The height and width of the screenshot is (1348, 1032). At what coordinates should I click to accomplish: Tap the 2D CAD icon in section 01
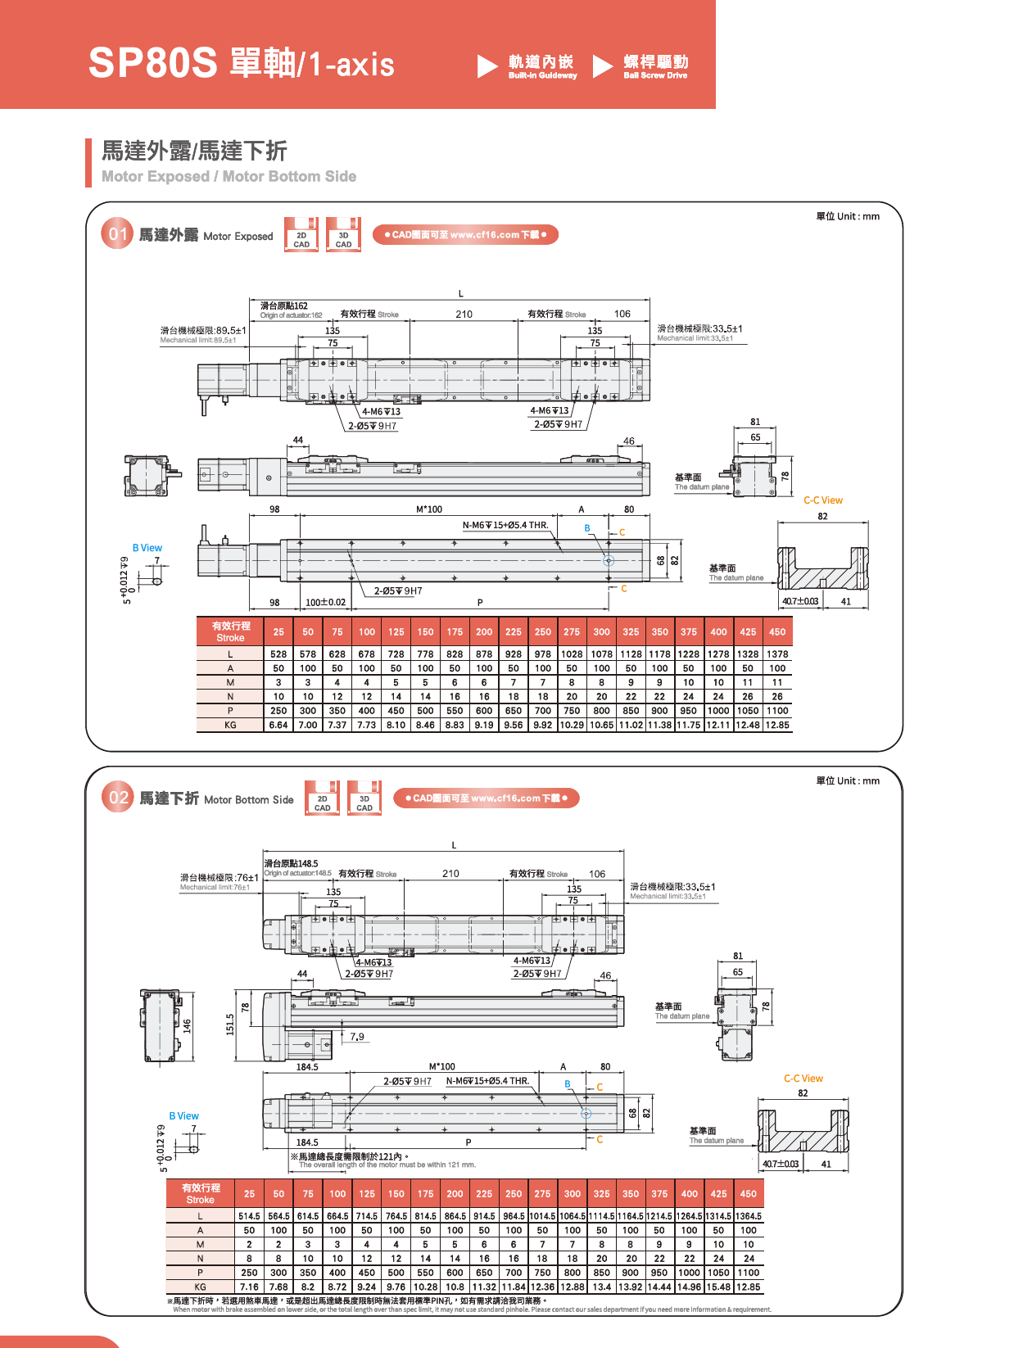[x=301, y=235]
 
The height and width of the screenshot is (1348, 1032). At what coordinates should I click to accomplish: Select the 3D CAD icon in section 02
[x=364, y=798]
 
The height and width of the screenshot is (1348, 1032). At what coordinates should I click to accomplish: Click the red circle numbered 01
[x=117, y=234]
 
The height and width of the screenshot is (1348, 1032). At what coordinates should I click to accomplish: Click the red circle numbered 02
[x=118, y=798]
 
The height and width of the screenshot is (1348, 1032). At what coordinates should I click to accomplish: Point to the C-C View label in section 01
[x=822, y=500]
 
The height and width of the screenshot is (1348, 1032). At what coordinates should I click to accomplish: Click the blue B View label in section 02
[x=183, y=1116]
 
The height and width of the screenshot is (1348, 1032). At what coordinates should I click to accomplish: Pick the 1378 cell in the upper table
[x=777, y=654]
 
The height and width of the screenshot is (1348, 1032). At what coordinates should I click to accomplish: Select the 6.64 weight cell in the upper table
[x=278, y=725]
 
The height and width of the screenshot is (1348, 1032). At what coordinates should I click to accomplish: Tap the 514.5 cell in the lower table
[x=249, y=1216]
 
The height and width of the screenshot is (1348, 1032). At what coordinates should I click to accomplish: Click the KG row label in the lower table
[x=200, y=1287]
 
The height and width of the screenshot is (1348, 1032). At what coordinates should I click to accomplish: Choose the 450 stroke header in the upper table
[x=777, y=631]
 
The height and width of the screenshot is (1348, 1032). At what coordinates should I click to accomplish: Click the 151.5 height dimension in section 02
[x=230, y=1024]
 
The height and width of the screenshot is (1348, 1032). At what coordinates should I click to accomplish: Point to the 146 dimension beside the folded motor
[x=187, y=1025]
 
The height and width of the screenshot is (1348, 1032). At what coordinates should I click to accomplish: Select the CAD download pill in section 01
[x=464, y=235]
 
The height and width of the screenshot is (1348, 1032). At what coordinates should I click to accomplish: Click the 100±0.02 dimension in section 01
[x=325, y=602]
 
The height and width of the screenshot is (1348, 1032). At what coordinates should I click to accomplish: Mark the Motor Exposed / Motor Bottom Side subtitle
[x=229, y=176]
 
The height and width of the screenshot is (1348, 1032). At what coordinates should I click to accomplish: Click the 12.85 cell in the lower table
[x=748, y=1287]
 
